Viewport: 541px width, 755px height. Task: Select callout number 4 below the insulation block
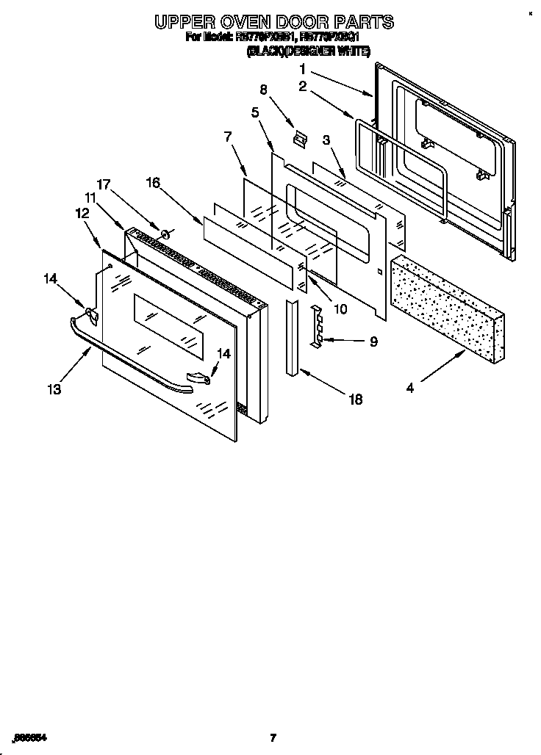(409, 388)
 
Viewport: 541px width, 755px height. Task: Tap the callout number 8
(263, 90)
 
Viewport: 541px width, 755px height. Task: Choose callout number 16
(152, 183)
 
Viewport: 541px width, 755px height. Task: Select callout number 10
(340, 309)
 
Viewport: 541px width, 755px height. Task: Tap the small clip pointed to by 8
(297, 137)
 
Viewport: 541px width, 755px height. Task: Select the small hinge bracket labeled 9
(316, 325)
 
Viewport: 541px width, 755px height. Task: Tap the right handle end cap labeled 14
(199, 377)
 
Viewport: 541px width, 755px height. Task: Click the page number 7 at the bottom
(273, 737)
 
